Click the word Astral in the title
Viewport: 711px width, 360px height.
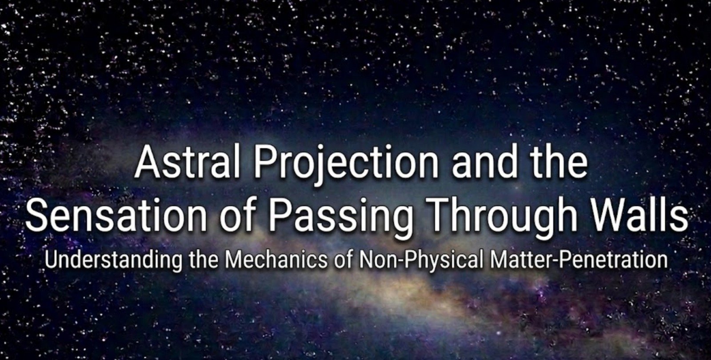(x=187, y=163)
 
